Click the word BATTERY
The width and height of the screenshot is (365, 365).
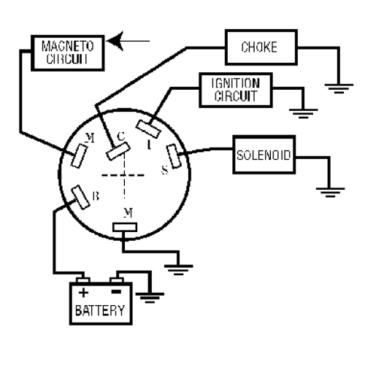pyautogui.click(x=100, y=310)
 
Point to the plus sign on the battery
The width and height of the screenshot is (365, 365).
pyautogui.click(x=83, y=292)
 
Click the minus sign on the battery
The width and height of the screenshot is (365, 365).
pyautogui.click(x=116, y=291)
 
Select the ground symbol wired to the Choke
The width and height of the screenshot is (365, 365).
pyautogui.click(x=339, y=88)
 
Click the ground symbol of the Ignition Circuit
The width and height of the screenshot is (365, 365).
pyautogui.click(x=304, y=114)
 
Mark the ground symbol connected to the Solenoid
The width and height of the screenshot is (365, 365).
pyautogui.click(x=330, y=192)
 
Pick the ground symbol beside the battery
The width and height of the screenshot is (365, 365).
pyautogui.click(x=150, y=298)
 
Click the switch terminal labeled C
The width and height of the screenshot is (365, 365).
pyautogui.click(x=118, y=151)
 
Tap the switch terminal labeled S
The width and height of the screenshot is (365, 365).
pyautogui.click(x=174, y=156)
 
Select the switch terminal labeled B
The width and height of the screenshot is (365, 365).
pyautogui.click(x=81, y=197)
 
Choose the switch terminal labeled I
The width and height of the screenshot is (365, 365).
pyautogui.click(x=148, y=129)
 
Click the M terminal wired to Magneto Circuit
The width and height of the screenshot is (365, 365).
pyautogui.click(x=79, y=156)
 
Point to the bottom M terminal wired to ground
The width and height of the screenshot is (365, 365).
pyautogui.click(x=125, y=227)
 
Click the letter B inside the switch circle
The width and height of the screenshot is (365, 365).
pyautogui.click(x=96, y=196)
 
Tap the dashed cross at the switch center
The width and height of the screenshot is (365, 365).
pyautogui.click(x=124, y=175)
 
